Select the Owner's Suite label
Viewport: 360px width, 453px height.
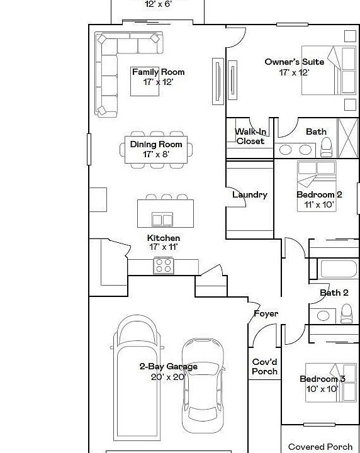(x=295, y=62)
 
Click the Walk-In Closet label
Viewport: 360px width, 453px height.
(x=250, y=137)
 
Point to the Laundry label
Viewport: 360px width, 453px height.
(x=250, y=195)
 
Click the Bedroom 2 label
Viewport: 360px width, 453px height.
(x=319, y=195)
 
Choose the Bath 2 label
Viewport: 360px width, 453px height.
(x=334, y=293)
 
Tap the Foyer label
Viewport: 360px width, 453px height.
(x=266, y=313)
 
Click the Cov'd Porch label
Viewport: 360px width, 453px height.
(x=264, y=367)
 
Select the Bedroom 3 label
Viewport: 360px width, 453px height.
(x=322, y=379)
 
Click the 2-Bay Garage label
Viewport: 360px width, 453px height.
(x=168, y=367)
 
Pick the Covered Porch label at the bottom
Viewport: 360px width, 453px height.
(x=320, y=447)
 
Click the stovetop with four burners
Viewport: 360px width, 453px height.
(x=164, y=266)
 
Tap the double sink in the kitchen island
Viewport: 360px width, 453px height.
(x=162, y=220)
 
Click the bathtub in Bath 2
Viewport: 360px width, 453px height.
(x=338, y=269)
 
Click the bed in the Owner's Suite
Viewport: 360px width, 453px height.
(x=327, y=70)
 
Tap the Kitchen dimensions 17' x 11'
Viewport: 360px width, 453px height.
(x=163, y=247)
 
